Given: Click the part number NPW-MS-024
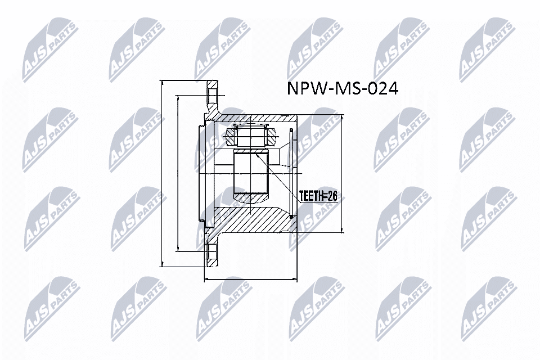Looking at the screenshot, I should [343, 89].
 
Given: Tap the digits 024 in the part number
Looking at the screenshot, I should [383, 89].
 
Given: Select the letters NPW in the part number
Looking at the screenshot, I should [305, 89].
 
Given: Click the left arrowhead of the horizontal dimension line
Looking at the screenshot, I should [205, 279].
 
